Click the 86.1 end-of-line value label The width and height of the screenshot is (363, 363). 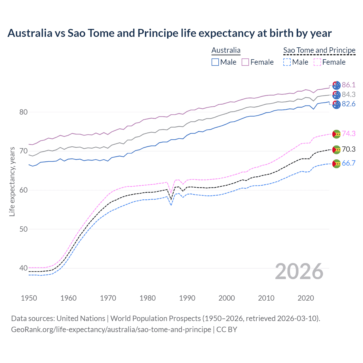[349, 85]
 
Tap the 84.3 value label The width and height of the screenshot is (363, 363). [349, 94]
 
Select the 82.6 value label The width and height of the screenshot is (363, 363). [349, 104]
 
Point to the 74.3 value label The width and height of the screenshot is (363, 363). [349, 134]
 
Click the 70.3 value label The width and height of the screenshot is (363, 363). [349, 149]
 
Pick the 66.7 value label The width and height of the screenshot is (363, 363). [349, 163]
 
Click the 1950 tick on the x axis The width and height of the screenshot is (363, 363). [29, 298]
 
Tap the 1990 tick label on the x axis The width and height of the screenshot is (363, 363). [187, 298]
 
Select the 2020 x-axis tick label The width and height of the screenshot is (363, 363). [306, 298]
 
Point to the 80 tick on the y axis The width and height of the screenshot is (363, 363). [24, 112]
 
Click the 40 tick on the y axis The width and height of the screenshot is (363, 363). [24, 268]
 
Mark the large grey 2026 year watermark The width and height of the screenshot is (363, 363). [299, 271]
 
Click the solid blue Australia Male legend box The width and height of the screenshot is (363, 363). [215, 62]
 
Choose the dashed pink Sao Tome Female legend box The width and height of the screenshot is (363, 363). [317, 62]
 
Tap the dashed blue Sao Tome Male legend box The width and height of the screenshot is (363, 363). [287, 62]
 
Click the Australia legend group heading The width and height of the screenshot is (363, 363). [226, 50]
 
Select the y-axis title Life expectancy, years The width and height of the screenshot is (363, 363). [12, 181]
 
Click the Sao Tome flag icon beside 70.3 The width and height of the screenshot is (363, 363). [336, 149]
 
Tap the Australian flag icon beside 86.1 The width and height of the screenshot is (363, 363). [336, 85]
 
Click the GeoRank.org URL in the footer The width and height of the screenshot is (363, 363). [111, 330]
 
